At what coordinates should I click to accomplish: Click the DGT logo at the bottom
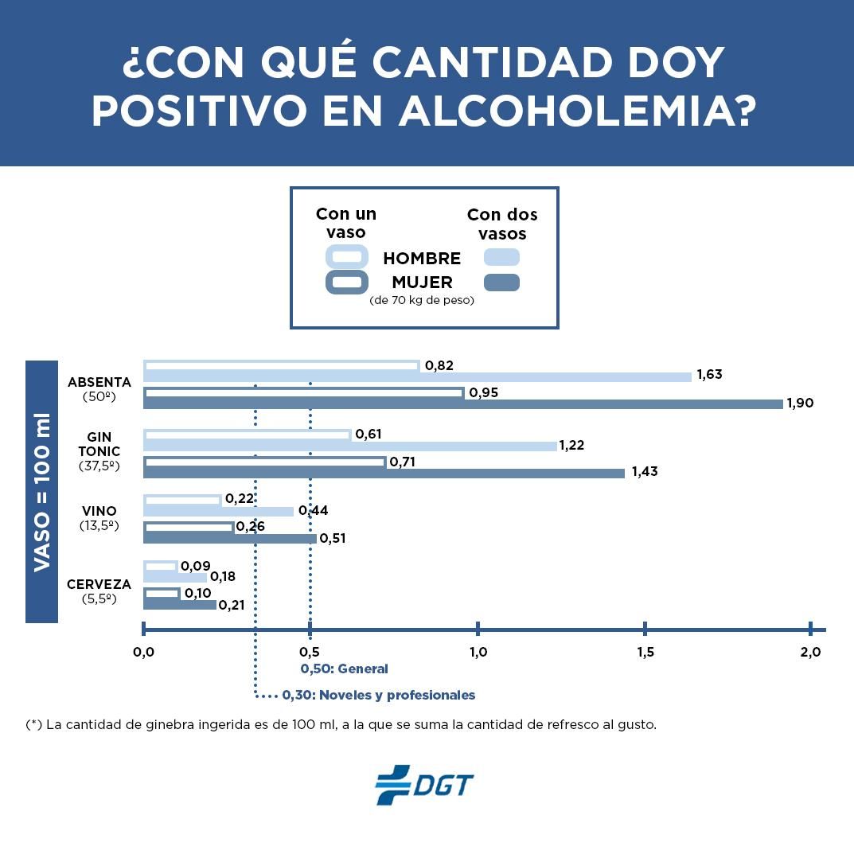click(424, 785)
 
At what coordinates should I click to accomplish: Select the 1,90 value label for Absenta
click(800, 404)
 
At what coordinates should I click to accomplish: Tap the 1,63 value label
click(709, 375)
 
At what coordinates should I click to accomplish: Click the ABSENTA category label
click(99, 383)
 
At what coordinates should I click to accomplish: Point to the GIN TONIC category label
click(99, 444)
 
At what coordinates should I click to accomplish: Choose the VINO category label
click(99, 511)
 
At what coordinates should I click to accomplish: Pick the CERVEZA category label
click(99, 585)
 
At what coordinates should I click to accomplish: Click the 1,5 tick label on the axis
click(645, 653)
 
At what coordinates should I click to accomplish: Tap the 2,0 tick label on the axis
click(810, 653)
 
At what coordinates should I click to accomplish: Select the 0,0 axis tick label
click(143, 653)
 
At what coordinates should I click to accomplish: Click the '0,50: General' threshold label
click(344, 669)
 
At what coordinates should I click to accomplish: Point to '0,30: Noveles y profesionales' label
click(378, 695)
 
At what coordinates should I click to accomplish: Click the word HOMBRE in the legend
click(422, 259)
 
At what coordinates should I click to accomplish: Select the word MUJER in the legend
click(422, 283)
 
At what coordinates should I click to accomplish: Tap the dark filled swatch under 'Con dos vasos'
click(501, 283)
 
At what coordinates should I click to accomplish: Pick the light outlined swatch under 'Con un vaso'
click(347, 257)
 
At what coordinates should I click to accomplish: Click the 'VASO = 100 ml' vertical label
click(41, 491)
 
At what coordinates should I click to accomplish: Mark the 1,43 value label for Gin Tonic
click(645, 472)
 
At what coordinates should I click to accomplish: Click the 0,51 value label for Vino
click(332, 539)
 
